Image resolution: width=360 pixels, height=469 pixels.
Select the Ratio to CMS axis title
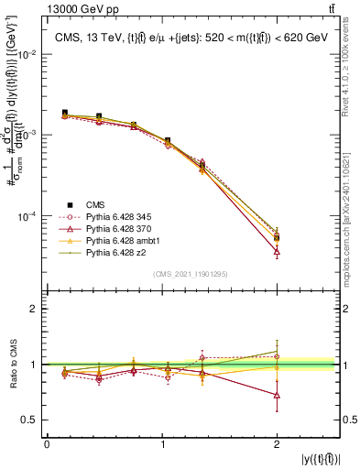point(14,365)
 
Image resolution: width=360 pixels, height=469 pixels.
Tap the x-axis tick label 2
point(277,443)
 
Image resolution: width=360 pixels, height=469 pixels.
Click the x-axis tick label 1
point(162,443)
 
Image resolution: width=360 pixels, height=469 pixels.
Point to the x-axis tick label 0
point(47,443)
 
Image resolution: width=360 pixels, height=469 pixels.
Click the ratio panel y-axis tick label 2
point(34,309)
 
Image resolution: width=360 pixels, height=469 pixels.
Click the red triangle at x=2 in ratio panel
point(277,396)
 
